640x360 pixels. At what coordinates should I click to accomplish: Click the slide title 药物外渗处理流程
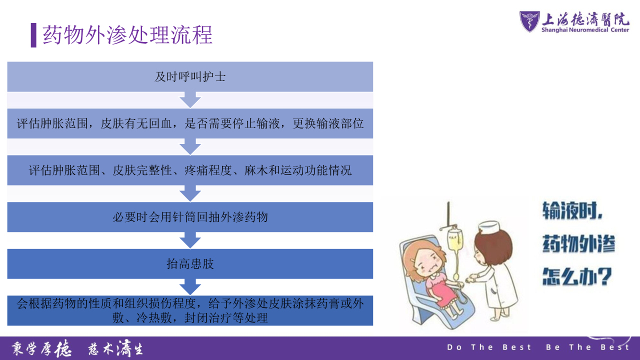[x=127, y=35]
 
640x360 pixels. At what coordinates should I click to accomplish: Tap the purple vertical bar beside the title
[x=33, y=35]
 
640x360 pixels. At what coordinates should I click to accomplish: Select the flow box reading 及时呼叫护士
[x=190, y=76]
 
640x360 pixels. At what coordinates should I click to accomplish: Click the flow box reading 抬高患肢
[x=190, y=263]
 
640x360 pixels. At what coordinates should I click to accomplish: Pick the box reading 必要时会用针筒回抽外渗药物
[x=190, y=217]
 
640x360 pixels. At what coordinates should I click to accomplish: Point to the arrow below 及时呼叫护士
[x=190, y=100]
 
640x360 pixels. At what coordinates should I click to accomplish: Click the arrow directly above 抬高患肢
[x=190, y=240]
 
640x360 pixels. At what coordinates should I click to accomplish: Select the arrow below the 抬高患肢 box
[x=190, y=287]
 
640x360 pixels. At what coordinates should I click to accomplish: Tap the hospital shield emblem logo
[x=529, y=21]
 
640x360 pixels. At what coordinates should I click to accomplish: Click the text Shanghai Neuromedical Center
[x=585, y=30]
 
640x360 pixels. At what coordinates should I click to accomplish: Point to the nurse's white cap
[x=489, y=227]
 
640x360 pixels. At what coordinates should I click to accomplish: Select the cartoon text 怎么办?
[x=577, y=276]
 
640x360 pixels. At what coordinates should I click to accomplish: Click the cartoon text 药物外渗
[x=578, y=243]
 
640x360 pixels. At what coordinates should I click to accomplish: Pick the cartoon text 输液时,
[x=572, y=210]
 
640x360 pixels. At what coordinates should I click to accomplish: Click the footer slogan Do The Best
[x=489, y=347]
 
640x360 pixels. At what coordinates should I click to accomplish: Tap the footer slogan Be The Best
[x=587, y=347]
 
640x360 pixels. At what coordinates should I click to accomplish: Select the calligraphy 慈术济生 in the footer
[x=115, y=348]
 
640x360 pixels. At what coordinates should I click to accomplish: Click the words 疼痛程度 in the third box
[x=208, y=170]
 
